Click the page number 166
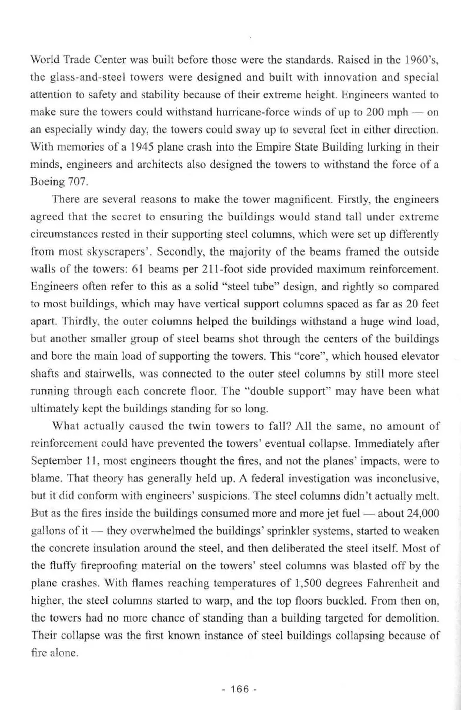point(230,689)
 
